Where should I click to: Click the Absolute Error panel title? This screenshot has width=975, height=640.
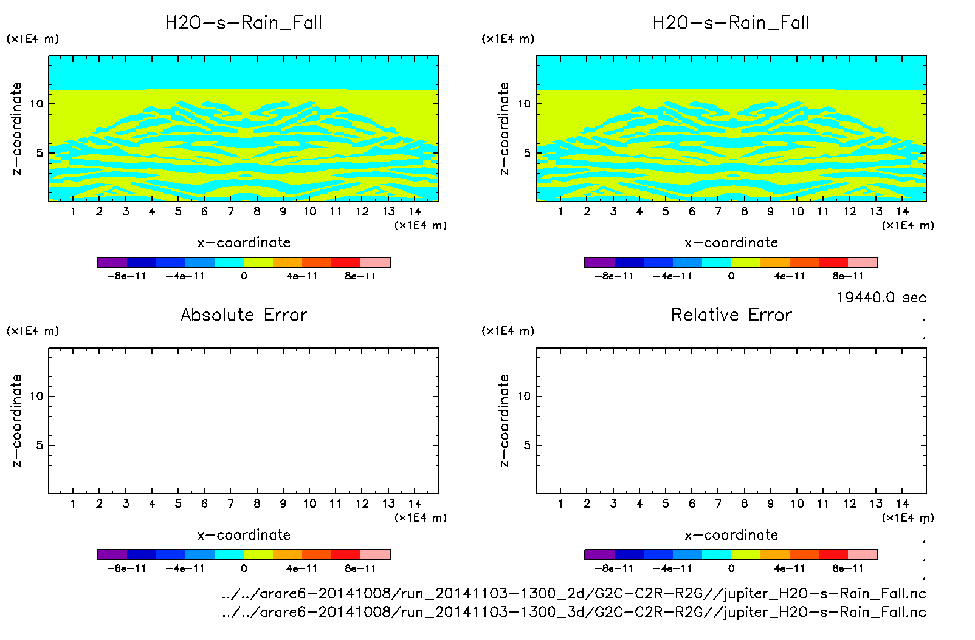click(x=244, y=315)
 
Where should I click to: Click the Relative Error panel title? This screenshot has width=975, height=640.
click(x=731, y=315)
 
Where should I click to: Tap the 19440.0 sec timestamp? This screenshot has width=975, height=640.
click(x=881, y=298)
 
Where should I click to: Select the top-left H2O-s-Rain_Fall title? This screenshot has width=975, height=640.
click(x=244, y=23)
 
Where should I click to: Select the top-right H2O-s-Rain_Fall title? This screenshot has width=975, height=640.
click(x=731, y=23)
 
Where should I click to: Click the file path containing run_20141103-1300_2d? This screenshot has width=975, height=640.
click(x=574, y=593)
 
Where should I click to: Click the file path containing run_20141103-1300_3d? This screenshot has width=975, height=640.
click(x=574, y=612)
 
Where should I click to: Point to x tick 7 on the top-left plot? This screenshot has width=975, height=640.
click(x=230, y=211)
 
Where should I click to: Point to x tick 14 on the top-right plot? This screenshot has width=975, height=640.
click(x=902, y=211)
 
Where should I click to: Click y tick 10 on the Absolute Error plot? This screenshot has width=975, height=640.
click(x=37, y=397)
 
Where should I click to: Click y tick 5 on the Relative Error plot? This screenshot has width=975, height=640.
click(x=527, y=446)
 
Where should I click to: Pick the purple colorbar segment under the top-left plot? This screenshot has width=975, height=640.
click(x=112, y=262)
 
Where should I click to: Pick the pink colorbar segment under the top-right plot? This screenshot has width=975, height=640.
click(x=863, y=262)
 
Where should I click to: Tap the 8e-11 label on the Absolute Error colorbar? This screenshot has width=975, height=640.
click(x=360, y=569)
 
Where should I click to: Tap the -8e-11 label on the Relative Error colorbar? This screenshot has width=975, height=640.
click(x=614, y=569)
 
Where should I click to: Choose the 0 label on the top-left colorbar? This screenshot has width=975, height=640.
click(x=244, y=276)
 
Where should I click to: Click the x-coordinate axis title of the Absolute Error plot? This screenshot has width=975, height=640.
click(x=244, y=535)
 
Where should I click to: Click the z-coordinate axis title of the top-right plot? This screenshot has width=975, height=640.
click(x=504, y=129)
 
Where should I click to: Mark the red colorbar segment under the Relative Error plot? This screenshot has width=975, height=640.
click(x=833, y=554)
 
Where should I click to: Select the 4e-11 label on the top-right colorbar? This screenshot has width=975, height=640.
click(x=789, y=276)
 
